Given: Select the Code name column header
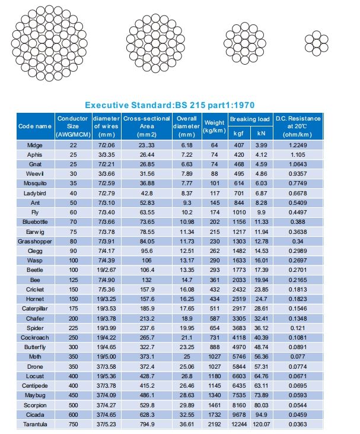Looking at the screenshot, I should coord(35,126).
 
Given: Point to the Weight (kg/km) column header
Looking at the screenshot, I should coord(214,126).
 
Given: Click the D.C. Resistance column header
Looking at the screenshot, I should coord(298,126).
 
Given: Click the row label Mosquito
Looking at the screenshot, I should coord(35,183).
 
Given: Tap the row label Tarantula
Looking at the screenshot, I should coord(35,424).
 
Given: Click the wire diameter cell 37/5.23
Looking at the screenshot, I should coord(107,424).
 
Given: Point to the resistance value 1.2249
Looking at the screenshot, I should coord(298,145).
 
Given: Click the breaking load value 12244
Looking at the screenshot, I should coord(238,424).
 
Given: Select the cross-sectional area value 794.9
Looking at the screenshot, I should coord(146,424).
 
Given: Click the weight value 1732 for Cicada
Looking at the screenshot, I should coord(214,414).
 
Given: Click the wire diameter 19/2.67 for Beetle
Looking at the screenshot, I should coord(107,271).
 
